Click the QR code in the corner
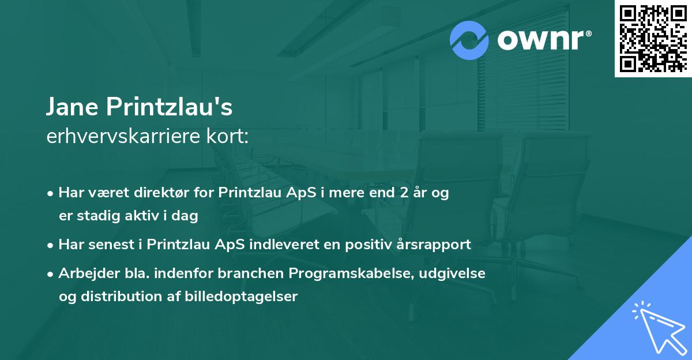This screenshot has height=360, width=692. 653,39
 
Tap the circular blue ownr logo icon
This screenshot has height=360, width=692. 469,41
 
